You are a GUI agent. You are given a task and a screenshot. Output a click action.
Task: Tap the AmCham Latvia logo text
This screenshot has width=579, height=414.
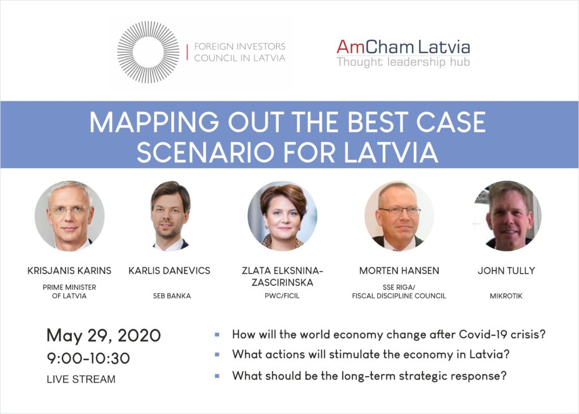click(403, 47)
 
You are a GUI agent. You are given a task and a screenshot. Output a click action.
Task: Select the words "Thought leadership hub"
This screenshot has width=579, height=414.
click(403, 62)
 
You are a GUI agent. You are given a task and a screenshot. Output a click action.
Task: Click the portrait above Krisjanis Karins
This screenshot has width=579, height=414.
click(70, 216)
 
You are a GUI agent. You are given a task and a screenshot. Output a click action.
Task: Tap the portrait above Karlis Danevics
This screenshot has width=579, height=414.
click(170, 216)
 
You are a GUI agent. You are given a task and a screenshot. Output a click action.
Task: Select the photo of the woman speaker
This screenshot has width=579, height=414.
click(283, 216)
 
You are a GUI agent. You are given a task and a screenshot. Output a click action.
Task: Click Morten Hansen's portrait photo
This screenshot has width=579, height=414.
click(399, 216)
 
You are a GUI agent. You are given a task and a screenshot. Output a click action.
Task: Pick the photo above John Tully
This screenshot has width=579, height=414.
click(508, 216)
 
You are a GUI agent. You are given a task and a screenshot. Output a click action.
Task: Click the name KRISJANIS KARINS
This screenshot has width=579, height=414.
click(70, 271)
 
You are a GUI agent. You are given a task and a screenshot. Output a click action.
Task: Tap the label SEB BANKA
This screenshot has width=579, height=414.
click(172, 296)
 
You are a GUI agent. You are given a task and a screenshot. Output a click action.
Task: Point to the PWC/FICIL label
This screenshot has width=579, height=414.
click(282, 296)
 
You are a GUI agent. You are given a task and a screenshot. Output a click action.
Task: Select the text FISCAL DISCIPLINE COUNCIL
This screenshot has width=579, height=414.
click(399, 296)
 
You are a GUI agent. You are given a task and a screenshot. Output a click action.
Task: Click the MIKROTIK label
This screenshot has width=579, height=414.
click(506, 296)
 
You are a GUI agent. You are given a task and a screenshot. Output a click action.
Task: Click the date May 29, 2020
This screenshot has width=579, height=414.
click(104, 336)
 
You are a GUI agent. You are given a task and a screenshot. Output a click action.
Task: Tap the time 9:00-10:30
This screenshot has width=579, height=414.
click(88, 358)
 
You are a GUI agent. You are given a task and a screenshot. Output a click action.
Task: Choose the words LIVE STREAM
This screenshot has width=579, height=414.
click(81, 379)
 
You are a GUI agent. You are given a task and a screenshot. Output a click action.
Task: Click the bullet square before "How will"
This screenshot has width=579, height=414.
click(217, 335)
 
